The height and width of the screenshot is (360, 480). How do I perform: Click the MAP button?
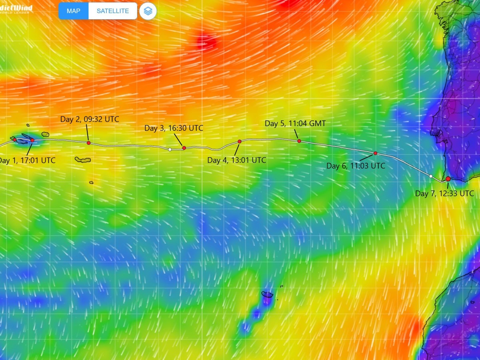[x=74, y=11]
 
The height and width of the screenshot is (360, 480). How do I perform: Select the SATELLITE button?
[x=113, y=11]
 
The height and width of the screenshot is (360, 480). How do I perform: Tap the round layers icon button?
[x=148, y=11]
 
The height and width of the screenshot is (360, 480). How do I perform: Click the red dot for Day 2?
[x=88, y=143]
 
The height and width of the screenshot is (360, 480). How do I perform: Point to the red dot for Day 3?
[x=184, y=148]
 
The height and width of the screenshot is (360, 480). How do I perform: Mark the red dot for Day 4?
[x=240, y=141]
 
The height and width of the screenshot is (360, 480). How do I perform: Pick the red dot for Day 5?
[x=299, y=141]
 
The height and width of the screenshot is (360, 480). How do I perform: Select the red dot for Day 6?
[x=375, y=153]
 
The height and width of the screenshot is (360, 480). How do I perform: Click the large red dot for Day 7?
[x=448, y=179]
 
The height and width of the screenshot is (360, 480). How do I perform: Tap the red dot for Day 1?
[x=32, y=140]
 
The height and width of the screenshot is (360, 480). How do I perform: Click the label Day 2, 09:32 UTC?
[x=90, y=119]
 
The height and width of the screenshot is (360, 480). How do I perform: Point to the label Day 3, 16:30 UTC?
[x=174, y=128]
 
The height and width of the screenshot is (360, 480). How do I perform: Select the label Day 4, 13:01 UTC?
[x=236, y=160]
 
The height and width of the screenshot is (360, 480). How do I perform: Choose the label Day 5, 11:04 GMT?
[x=295, y=123]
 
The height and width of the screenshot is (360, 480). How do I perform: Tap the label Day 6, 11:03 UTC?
[x=356, y=166]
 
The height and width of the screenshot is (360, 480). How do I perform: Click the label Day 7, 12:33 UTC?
[x=444, y=194]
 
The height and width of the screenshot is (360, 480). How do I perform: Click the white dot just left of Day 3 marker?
[x=170, y=150]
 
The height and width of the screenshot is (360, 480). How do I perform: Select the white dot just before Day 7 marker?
[x=431, y=176]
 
